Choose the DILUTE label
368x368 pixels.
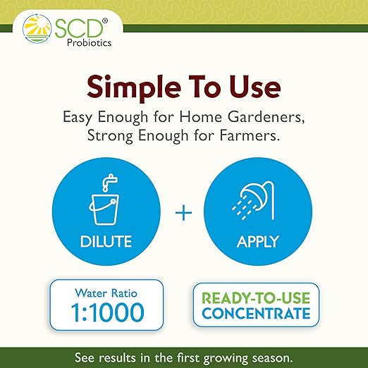click(x=105, y=242)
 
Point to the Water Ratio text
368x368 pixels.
click(x=106, y=291)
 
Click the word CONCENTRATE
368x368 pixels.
click(x=256, y=312)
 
